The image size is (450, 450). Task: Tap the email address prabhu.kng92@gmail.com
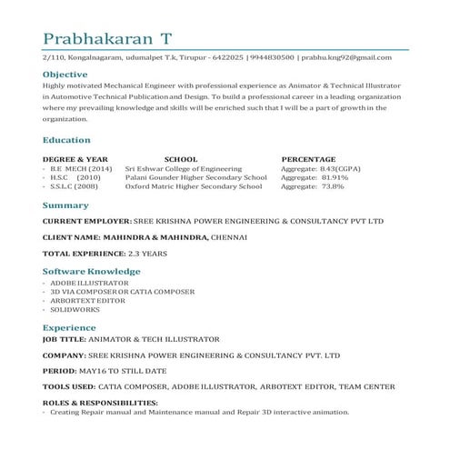point(346,57)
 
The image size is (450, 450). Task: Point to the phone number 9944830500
point(272,57)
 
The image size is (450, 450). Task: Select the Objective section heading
point(65,75)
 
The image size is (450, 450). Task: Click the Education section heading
point(66,140)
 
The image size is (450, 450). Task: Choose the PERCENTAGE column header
point(308,159)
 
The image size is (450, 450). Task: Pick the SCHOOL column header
point(181,159)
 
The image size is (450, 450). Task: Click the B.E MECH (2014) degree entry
point(81,168)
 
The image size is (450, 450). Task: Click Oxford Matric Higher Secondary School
point(193,186)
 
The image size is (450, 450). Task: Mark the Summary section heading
point(65,205)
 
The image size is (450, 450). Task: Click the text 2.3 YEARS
point(146,253)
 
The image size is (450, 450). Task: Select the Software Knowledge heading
point(91,271)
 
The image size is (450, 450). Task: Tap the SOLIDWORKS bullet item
point(75,309)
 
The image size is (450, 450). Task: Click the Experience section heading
point(69,327)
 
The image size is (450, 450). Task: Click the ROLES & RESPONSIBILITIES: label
point(100,402)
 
